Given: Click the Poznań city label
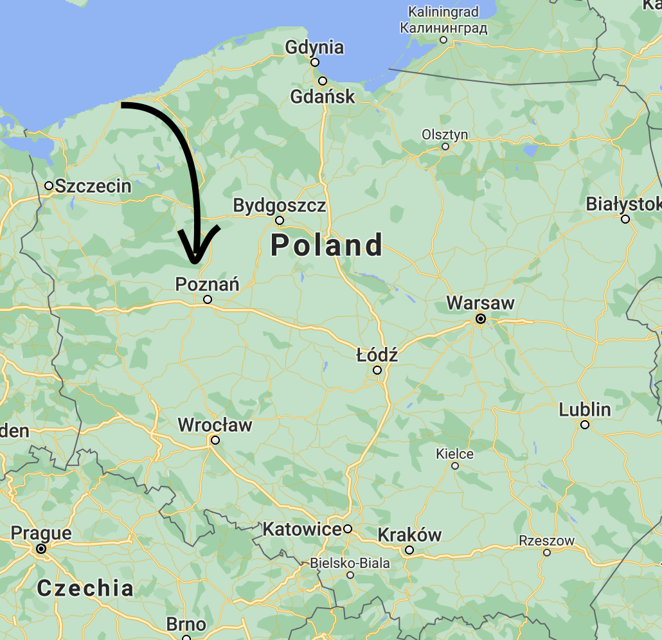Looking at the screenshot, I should point(207,283).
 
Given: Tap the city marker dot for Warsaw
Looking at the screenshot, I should point(480,319).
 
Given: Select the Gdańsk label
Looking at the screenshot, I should point(323,97).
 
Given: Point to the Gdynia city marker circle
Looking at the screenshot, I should point(315,62).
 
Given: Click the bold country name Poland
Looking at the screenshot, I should point(327,245).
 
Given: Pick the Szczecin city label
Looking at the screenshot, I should point(93,186).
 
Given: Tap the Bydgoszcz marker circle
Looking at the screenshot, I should point(280,220).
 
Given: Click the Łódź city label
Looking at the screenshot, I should point(377,354).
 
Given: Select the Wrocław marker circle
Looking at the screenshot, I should point(215,440).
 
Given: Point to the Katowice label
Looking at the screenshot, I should point(301,529).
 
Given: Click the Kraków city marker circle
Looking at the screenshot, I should point(409,550).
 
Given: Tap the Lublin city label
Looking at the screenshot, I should point(585,409).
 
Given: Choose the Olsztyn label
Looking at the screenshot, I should point(445,135).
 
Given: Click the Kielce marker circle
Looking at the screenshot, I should point(455,466).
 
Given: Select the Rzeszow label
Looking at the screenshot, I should point(546,541).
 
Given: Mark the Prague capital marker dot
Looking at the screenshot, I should point(41,549).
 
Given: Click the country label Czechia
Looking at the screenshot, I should point(85,587).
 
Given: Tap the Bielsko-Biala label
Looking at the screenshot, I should point(350,563).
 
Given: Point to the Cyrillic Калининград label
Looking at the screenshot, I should point(443,28).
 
